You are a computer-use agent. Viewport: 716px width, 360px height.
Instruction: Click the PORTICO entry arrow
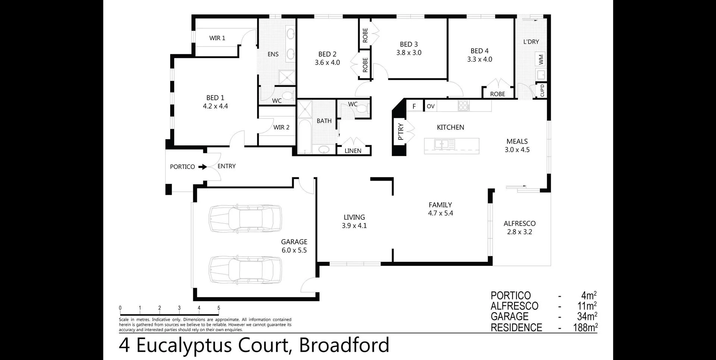pos(203,167)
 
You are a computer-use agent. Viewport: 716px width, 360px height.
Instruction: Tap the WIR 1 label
pos(217,38)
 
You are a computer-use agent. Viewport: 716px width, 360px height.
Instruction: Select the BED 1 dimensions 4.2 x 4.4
pos(215,106)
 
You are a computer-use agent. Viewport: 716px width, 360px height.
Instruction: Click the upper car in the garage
pos(245,218)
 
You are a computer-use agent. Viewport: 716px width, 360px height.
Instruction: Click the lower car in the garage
pos(245,270)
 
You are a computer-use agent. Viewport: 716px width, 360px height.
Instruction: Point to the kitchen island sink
pos(444,144)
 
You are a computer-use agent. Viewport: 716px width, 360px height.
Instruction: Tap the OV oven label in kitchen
pos(431,106)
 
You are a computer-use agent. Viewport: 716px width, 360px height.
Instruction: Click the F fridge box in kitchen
pos(414,106)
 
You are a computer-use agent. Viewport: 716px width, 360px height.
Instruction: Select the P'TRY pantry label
pos(401,132)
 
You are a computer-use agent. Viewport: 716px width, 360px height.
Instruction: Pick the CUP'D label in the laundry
pos(542,90)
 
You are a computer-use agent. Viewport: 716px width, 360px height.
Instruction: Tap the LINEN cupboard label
pos(353,151)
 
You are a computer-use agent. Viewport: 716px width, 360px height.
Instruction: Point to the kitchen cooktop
pos(463,106)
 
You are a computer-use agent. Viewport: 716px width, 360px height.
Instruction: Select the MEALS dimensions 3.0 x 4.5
pos(517,150)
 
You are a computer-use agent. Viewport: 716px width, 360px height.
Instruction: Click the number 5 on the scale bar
pos(219,308)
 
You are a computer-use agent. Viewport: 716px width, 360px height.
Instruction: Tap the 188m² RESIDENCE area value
pos(585,328)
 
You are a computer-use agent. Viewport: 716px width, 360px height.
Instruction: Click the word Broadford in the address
pos(344,345)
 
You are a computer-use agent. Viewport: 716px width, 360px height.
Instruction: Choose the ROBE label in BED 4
pos(498,94)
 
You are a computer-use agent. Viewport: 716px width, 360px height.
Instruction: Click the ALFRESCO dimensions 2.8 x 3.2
pos(519,232)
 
